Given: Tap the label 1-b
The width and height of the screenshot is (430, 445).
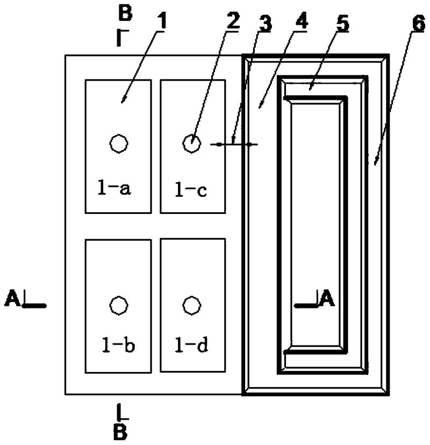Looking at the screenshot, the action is coord(119,344).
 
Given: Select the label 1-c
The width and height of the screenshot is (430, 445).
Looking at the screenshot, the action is coord(191,189).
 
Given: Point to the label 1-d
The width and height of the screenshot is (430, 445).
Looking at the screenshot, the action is coord(191,344).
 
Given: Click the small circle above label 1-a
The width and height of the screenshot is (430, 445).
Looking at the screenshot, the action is coord(118,143).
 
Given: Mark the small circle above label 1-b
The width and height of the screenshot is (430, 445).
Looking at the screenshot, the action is coord(118,305).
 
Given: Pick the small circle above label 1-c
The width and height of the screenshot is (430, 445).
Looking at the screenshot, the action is coord(191,143).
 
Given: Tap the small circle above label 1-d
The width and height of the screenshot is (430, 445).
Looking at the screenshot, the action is coord(189,305).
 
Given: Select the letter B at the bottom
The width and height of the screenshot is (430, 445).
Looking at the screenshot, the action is coord(120,433).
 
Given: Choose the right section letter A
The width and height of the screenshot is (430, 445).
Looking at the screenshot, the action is coord(327,298).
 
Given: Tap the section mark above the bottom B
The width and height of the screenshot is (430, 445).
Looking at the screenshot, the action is coord(121,413).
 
